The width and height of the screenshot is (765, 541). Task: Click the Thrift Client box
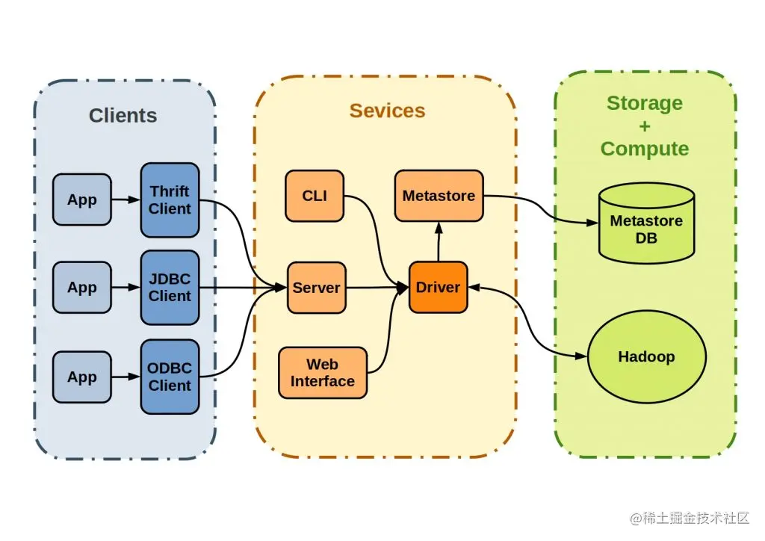tap(170, 200)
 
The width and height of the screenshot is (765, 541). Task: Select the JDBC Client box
tap(170, 288)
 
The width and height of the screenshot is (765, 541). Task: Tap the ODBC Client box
tap(170, 377)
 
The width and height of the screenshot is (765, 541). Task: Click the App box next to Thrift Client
tap(81, 200)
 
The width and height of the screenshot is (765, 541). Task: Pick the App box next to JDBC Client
tap(81, 288)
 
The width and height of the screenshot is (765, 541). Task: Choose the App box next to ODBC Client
tap(81, 377)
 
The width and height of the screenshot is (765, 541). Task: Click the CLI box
tap(315, 196)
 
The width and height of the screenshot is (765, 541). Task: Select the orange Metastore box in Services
tap(439, 196)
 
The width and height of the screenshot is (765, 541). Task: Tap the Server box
tap(317, 288)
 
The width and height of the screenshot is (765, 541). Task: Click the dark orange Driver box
tap(438, 288)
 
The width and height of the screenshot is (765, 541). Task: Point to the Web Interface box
tap(323, 373)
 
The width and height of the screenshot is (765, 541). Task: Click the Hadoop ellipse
tap(646, 356)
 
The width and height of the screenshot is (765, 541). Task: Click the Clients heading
tap(123, 116)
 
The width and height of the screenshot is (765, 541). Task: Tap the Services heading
tap(387, 111)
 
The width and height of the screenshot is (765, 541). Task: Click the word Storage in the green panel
tap(645, 103)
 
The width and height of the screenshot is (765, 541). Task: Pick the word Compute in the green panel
tap(645, 149)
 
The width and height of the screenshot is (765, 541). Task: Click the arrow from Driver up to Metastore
tap(439, 241)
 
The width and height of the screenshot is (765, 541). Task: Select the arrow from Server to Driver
tap(377, 288)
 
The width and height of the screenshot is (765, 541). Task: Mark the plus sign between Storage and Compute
tap(645, 126)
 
